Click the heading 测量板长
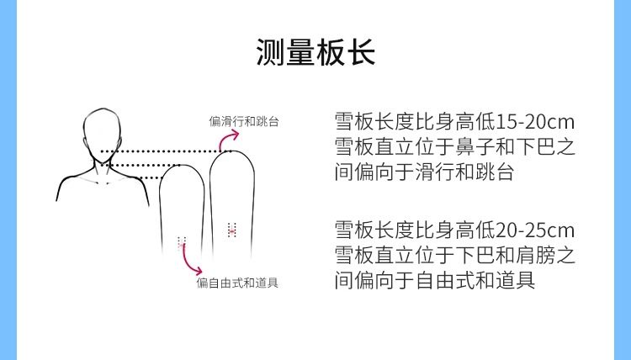point(315,52)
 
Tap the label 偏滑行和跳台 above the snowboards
point(244,122)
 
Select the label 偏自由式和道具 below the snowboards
point(238,283)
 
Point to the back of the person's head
point(107,135)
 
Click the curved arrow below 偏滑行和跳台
point(225,141)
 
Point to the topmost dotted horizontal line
point(160,151)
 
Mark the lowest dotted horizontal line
point(135,177)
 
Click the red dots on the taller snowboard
point(232,228)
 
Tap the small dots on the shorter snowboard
point(181,241)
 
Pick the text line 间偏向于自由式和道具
point(434,281)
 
